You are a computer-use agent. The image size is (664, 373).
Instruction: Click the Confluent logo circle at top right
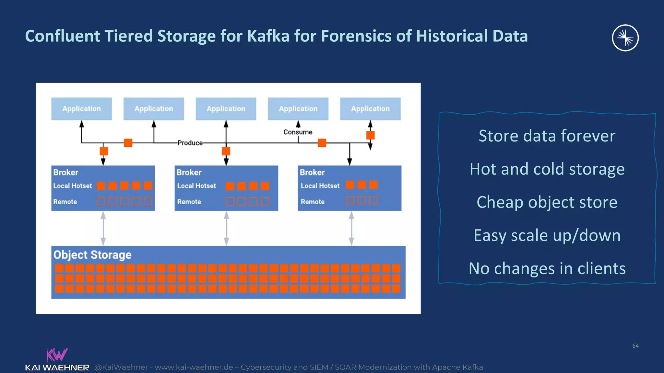(625, 38)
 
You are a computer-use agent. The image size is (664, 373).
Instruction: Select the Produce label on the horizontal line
(190, 143)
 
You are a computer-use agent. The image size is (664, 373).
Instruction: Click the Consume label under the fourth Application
(298, 132)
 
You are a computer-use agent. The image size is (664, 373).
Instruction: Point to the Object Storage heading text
(92, 255)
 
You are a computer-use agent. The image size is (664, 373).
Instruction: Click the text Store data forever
(547, 136)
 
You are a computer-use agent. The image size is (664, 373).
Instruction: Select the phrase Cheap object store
(547, 202)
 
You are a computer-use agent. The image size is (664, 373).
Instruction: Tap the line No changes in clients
(547, 268)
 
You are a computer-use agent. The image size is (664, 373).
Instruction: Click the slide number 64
(635, 346)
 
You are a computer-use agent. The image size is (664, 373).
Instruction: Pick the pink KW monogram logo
(57, 355)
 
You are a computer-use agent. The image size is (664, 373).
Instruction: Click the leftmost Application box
(81, 109)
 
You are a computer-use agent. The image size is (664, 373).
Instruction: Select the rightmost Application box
(370, 109)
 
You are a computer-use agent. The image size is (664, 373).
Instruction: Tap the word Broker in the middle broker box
(189, 172)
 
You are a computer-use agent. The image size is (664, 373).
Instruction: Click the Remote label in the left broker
(65, 202)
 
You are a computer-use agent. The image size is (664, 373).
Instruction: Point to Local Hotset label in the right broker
(320, 186)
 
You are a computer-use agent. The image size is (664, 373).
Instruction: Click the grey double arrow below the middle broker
(226, 229)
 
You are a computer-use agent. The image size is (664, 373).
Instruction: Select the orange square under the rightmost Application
(370, 135)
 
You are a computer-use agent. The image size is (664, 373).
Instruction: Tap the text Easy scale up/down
(547, 235)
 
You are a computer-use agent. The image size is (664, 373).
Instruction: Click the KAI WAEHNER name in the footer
(57, 368)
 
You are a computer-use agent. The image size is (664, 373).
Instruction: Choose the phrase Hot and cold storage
(547, 169)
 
